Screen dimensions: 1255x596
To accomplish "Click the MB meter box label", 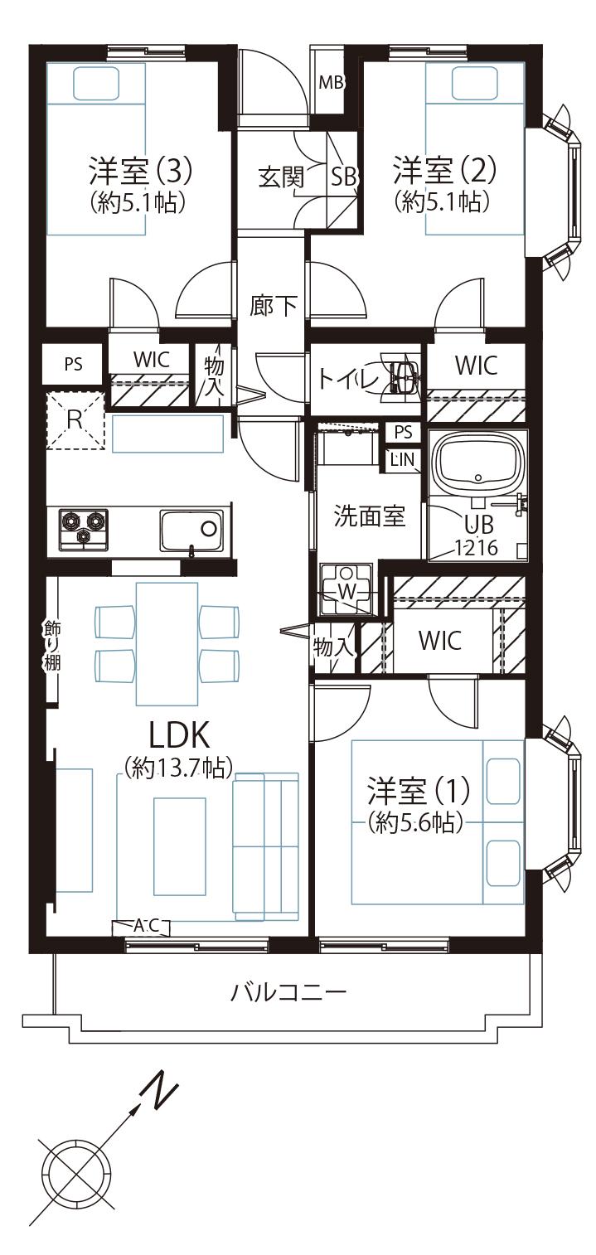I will click(331, 83).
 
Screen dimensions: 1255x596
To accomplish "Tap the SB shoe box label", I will click(344, 176).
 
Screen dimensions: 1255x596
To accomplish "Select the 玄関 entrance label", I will click(280, 176).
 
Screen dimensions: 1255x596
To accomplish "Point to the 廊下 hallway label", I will click(274, 306).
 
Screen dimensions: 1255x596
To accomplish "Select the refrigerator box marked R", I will click(75, 419).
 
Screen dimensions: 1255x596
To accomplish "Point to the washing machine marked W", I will click(347, 589).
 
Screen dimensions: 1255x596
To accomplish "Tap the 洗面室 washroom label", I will click(369, 516).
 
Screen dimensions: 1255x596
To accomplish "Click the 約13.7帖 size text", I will click(177, 768).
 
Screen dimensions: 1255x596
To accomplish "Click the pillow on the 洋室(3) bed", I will click(97, 83).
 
